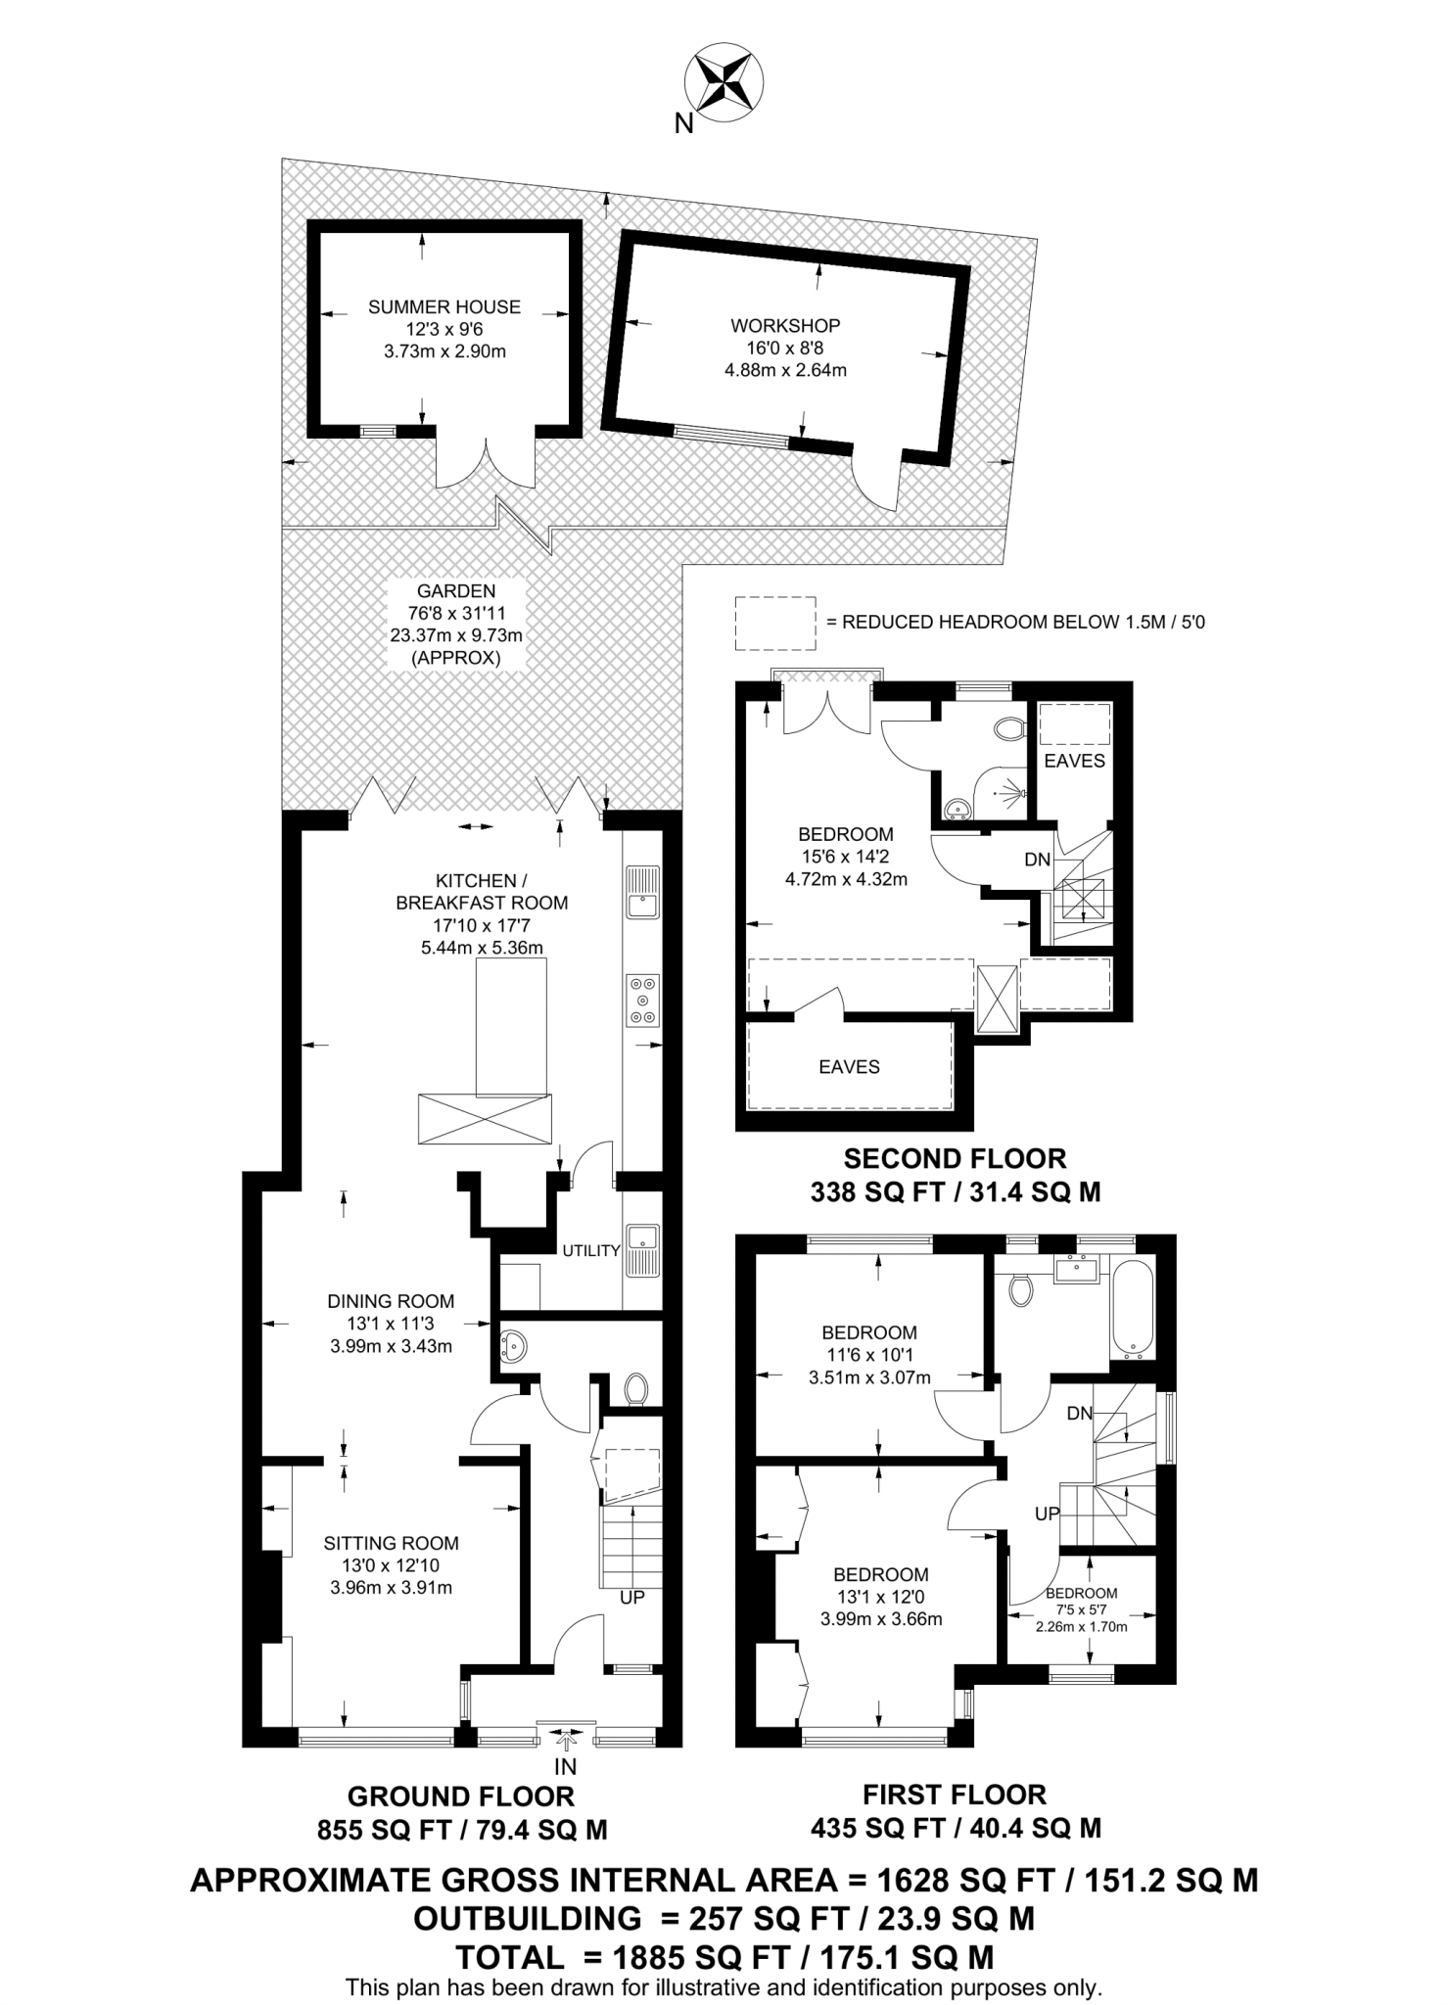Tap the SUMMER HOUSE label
[x=444, y=307]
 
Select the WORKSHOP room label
[x=784, y=326]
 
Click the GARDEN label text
[x=456, y=591]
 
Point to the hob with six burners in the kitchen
[x=643, y=1001]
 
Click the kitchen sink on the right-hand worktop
[x=643, y=893]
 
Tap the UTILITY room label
[x=590, y=1250]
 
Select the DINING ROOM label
[x=391, y=1301]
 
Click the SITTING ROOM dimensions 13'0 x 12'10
[x=391, y=1565]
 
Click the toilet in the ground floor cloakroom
[x=635, y=1388]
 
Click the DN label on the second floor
[x=1037, y=860]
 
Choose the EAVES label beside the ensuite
[x=1074, y=761]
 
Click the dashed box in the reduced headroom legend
[x=775, y=623]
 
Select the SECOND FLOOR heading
[x=954, y=1159]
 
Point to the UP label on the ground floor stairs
[x=631, y=1598]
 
